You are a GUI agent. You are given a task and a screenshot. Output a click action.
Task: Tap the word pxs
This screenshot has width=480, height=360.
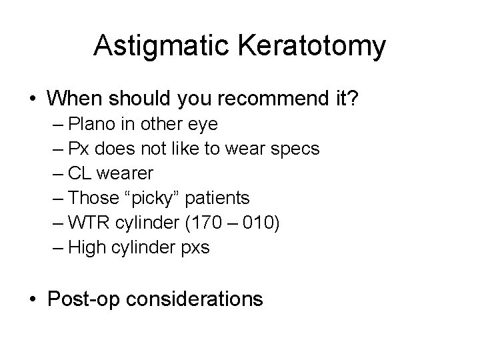pos(195,247)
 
